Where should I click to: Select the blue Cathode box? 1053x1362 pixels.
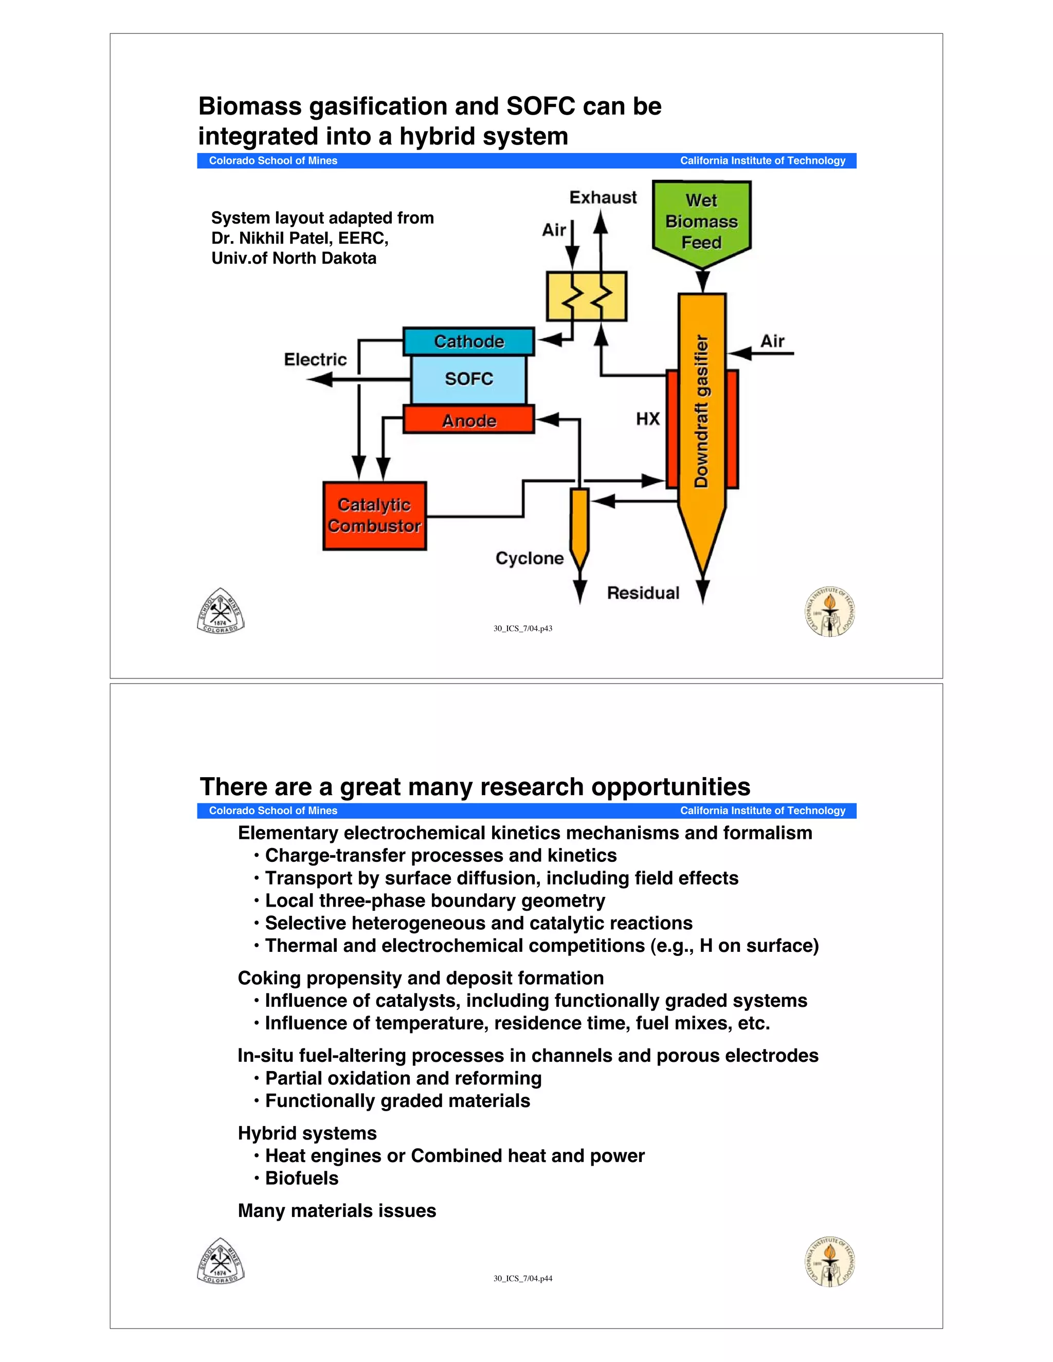[x=468, y=342]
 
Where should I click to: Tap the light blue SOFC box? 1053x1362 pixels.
[x=468, y=379]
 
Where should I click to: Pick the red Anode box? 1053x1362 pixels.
[x=468, y=420]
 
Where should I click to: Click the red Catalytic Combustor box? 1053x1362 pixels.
[x=374, y=516]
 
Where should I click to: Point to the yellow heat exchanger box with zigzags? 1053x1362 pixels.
[x=586, y=296]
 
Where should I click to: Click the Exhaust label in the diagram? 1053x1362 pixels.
[x=603, y=198]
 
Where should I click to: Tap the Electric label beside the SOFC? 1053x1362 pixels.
[x=315, y=359]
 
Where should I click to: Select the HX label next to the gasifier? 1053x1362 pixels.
[x=647, y=418]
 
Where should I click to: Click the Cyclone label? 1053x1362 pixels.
[x=529, y=558]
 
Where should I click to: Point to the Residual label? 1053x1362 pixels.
[x=643, y=593]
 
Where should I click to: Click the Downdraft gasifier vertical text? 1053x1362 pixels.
[x=702, y=412]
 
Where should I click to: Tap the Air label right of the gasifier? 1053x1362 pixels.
[x=772, y=341]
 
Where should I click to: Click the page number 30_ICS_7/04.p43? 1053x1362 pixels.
[x=523, y=629]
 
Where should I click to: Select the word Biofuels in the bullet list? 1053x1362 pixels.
[x=302, y=1178]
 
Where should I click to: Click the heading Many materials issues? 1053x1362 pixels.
[x=337, y=1210]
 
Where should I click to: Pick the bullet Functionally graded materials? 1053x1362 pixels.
[x=397, y=1101]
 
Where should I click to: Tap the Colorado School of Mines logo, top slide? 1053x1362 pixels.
[x=221, y=611]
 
